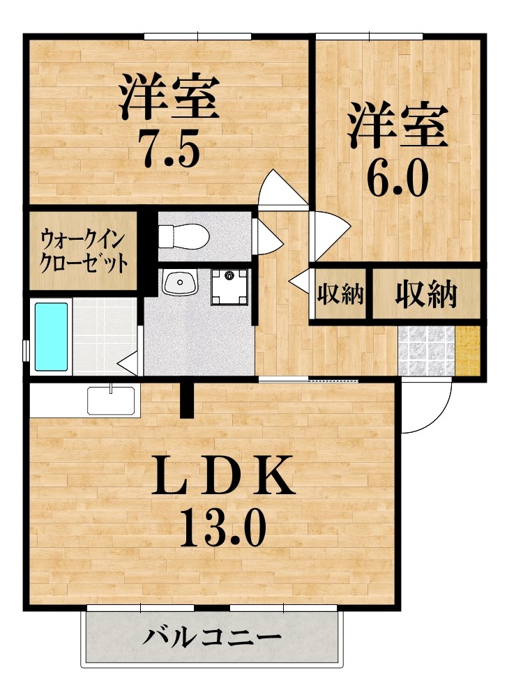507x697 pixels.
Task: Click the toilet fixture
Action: [183, 236]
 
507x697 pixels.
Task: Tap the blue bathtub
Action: [52, 337]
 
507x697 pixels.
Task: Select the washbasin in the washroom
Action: [180, 282]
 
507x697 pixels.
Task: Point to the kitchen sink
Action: [111, 400]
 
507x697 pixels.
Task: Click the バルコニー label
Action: [213, 636]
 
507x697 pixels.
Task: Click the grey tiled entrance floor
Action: [425, 351]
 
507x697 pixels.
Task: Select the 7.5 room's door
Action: [282, 190]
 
